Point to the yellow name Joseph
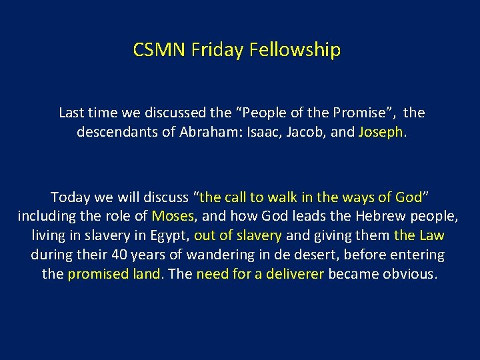380,132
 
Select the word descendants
113,132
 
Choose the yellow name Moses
173,216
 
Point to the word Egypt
172,235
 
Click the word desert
324,255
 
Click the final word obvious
409,274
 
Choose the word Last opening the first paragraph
72,113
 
